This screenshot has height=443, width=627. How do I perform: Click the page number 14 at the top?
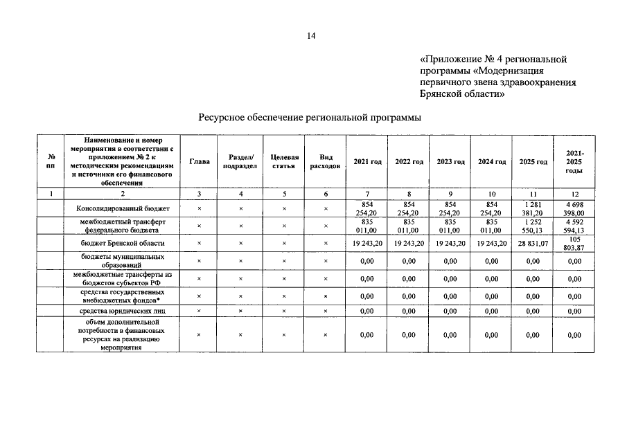(x=311, y=37)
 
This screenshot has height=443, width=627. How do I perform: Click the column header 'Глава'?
(x=200, y=161)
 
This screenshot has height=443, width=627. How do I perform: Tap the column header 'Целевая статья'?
(x=283, y=161)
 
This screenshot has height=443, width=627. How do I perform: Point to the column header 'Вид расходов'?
(x=326, y=161)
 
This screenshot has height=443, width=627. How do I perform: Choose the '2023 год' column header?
(x=450, y=161)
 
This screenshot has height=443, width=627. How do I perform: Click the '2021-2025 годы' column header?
(x=574, y=161)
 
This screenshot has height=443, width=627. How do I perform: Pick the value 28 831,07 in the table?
(x=533, y=244)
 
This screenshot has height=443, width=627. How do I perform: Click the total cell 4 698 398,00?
(x=574, y=208)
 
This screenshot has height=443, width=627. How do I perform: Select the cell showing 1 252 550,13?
(x=533, y=226)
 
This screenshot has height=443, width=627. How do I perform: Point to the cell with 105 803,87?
(x=574, y=244)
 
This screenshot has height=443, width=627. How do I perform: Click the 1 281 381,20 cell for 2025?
(x=533, y=208)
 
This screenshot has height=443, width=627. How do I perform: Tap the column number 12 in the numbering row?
(x=574, y=194)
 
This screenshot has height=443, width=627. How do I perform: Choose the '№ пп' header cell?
(x=50, y=161)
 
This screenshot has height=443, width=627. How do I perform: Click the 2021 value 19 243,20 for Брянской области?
(x=367, y=244)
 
